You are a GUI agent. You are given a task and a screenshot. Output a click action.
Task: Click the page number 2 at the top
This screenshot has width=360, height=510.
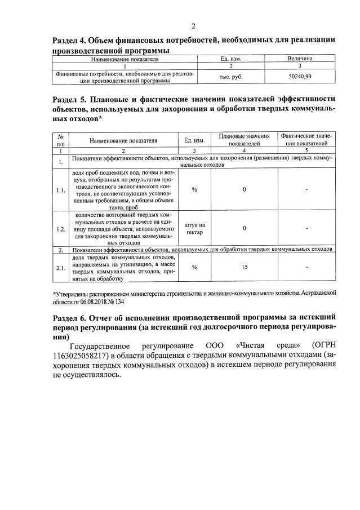pos(193,26)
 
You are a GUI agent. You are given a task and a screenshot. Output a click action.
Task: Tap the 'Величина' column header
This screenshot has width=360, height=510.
pos(300,58)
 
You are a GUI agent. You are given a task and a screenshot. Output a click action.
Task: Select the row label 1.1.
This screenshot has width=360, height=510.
pos(61,190)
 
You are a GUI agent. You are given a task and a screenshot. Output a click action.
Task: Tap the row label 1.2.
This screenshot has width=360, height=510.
pos(61,229)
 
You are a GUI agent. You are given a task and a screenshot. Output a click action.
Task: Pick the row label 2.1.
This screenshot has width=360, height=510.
pos(61,267)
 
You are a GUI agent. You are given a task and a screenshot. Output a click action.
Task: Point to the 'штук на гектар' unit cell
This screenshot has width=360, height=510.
pos(194,229)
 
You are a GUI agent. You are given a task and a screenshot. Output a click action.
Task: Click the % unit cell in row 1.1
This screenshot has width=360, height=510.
pos(194,190)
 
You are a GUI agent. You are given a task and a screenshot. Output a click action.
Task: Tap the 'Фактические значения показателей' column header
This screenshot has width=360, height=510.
pos(306,140)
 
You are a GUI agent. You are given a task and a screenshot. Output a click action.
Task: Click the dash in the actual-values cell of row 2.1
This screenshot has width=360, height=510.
pos(306,267)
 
